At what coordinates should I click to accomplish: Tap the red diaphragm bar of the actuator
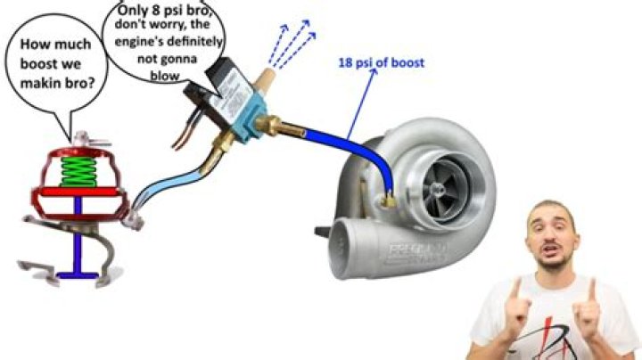click(x=78, y=192)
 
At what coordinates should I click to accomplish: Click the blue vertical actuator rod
click(x=78, y=234)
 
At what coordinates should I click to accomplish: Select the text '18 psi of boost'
click(x=382, y=63)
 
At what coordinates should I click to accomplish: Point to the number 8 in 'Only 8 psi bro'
click(x=155, y=11)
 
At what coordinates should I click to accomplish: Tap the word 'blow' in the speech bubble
click(x=165, y=76)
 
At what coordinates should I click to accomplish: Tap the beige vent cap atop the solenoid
click(x=264, y=80)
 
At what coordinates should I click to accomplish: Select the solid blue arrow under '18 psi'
click(x=361, y=103)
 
